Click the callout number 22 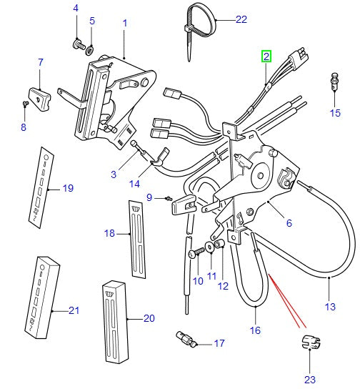coord(221,19)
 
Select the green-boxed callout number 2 coord(266,56)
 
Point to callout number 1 coord(124,23)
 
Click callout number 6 coord(289,223)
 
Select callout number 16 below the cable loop coord(255,331)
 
